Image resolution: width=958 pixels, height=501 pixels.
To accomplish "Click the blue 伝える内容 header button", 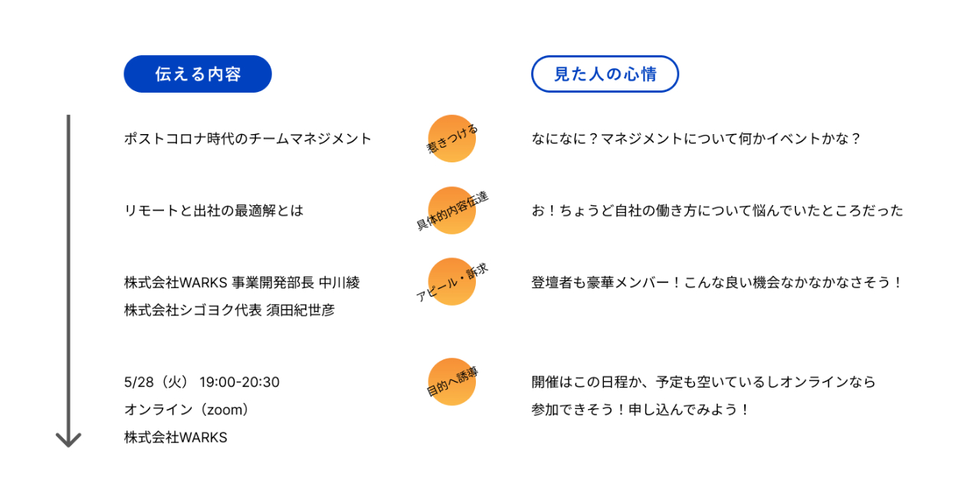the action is click(x=198, y=74).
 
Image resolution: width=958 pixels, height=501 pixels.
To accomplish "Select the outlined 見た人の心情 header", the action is click(x=605, y=74).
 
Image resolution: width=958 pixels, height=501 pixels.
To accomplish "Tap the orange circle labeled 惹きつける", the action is click(x=452, y=139).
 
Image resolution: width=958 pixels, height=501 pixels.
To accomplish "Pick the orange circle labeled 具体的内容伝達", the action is click(x=452, y=211).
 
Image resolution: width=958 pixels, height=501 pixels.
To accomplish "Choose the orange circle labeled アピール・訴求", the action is click(x=452, y=282).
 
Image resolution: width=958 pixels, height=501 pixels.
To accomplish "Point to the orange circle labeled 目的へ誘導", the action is click(x=452, y=381).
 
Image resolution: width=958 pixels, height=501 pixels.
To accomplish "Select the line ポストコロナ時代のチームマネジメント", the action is click(x=248, y=139).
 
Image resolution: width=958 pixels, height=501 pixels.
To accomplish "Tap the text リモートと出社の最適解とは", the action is click(x=213, y=211).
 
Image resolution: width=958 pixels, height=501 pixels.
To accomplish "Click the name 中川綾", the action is click(x=340, y=283).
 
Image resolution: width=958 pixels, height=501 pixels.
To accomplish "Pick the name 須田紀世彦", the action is click(x=300, y=310).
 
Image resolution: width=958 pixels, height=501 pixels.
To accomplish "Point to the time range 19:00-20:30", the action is click(x=239, y=382).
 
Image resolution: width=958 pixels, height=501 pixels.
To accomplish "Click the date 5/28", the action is click(x=139, y=382).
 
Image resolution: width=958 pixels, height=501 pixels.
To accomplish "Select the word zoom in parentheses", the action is click(x=225, y=411).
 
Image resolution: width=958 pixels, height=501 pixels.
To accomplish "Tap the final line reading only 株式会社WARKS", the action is click(x=176, y=437).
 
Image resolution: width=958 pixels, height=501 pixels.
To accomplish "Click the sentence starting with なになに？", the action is click(x=696, y=139).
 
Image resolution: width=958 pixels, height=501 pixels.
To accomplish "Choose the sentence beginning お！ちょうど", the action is click(x=717, y=211).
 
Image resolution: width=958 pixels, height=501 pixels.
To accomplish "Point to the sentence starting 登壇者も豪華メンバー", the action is click(x=717, y=283).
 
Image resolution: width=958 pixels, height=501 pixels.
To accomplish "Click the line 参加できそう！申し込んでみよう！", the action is click(x=640, y=410).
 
